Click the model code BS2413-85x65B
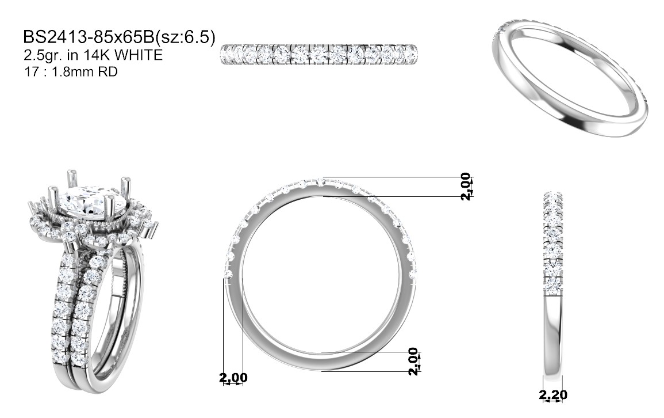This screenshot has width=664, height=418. [x=89, y=37]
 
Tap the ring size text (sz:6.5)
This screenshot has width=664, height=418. [x=186, y=37]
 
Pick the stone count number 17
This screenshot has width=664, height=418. [x=32, y=71]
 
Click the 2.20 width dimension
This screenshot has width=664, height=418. [x=553, y=395]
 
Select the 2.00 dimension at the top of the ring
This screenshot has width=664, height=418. [x=466, y=186]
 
